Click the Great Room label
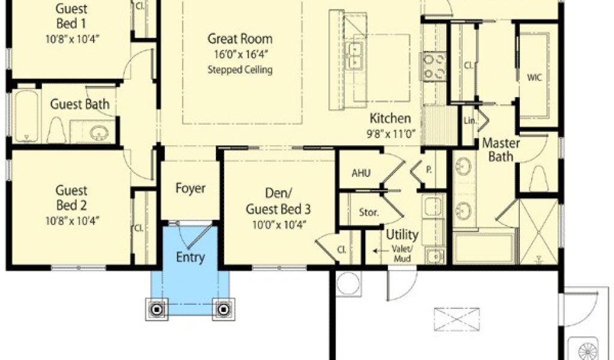tap(240, 39)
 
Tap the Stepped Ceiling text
tap(240, 70)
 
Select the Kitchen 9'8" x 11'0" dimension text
tap(390, 134)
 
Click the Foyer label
tap(190, 188)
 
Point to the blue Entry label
tap(190, 257)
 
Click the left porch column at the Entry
tap(156, 310)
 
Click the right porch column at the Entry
tap(224, 310)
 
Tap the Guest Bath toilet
tap(56, 130)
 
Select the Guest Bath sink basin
tap(99, 133)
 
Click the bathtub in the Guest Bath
tap(26, 116)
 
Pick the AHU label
tap(361, 173)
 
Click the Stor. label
tap(369, 213)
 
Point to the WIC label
tap(534, 77)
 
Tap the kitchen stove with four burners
tap(435, 67)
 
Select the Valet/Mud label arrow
tap(378, 251)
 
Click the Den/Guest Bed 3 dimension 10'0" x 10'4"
tap(278, 224)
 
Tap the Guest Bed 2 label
tap(71, 198)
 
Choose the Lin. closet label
tap(470, 121)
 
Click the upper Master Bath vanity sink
tap(463, 166)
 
